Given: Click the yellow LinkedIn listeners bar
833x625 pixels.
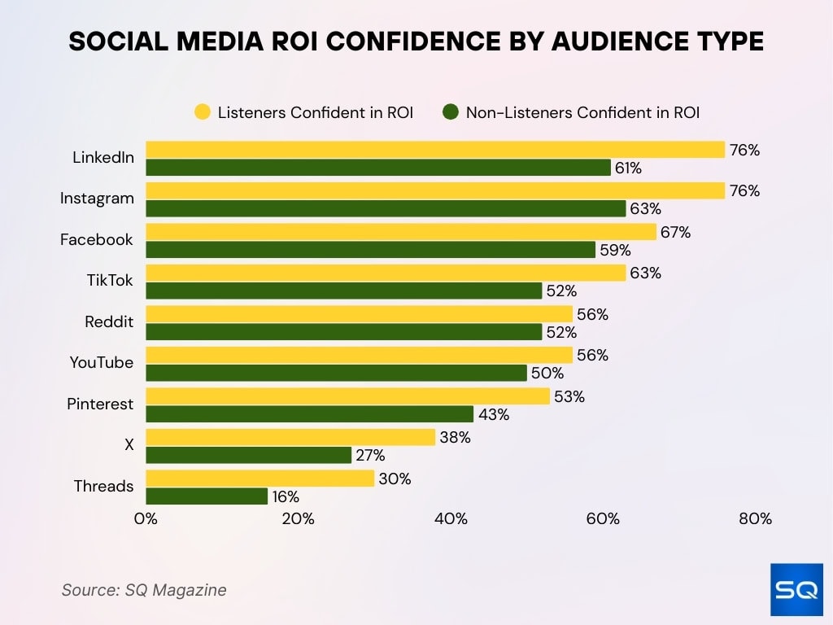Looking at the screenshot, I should tap(435, 150).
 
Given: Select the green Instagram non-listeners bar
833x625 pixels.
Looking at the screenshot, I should tap(386, 208).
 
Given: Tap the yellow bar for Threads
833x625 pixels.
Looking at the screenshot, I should tap(259, 479).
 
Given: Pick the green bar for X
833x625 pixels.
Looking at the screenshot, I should tap(248, 455).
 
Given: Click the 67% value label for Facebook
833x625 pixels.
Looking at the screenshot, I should tap(675, 233).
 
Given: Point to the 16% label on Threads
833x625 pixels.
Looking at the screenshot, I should tap(286, 496).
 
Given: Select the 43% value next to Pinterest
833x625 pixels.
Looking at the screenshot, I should tap(494, 414).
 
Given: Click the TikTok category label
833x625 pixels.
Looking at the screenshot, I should tap(110, 281).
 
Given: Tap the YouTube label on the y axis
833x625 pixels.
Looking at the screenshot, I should tap(102, 363).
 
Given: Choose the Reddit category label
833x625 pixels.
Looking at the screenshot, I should tap(109, 322).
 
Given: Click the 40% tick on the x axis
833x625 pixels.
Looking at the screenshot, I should tap(451, 519).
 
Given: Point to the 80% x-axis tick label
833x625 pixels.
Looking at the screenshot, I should tap(755, 519).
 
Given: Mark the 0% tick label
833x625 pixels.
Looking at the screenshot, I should tap(146, 519).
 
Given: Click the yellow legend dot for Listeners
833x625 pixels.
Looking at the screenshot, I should tap(202, 112).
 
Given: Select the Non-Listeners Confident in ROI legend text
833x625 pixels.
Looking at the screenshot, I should tap(582, 112).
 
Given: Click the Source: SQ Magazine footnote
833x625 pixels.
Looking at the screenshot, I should tap(144, 590).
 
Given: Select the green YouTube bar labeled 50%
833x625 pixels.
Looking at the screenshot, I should tap(337, 373).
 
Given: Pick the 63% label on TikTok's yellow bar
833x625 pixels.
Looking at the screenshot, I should tap(645, 273).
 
